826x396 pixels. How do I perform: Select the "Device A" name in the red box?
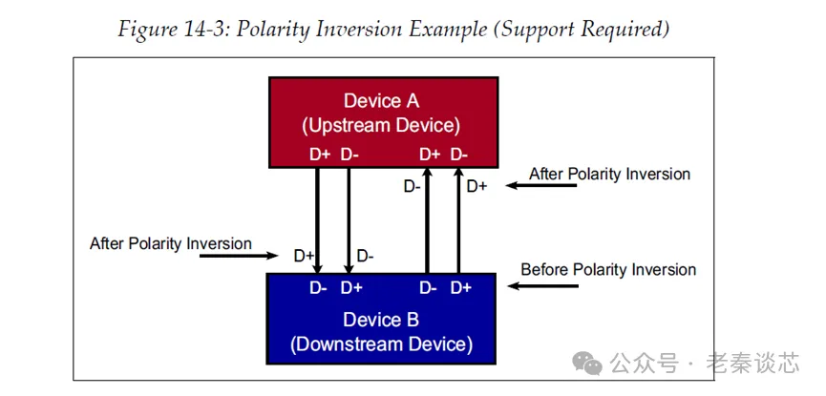[381, 101]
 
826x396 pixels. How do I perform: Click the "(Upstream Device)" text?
[381, 125]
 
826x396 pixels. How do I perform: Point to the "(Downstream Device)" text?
[381, 344]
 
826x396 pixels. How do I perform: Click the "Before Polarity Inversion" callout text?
[608, 270]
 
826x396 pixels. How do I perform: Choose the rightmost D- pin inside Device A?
[459, 153]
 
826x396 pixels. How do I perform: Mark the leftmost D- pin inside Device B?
[320, 287]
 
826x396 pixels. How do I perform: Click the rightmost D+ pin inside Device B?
[461, 287]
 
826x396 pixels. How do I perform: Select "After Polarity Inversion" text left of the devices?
[171, 243]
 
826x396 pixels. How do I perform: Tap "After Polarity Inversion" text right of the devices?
[609, 174]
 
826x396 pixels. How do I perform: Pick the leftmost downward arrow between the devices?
[318, 219]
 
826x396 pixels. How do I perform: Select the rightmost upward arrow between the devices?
[458, 219]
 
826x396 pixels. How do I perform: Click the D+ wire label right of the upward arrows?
[477, 186]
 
